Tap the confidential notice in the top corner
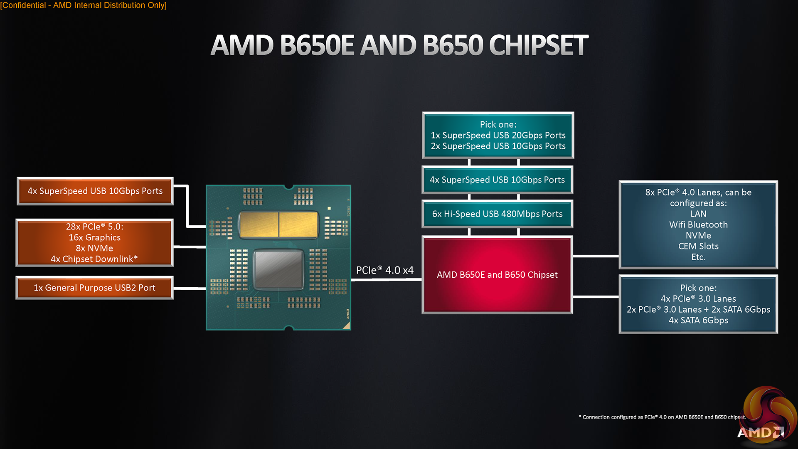84,5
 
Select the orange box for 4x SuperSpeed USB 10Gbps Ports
95,191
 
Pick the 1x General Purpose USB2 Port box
94,288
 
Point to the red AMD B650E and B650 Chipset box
497,275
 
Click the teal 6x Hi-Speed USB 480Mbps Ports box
497,214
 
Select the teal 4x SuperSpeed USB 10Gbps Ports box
497,180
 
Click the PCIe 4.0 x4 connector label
384,270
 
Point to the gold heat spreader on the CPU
278,224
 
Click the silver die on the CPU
278,269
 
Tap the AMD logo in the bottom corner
760,432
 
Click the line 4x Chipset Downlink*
94,259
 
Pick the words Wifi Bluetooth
698,225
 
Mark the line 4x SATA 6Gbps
698,321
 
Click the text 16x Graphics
95,237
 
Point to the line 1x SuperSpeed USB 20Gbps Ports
498,136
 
